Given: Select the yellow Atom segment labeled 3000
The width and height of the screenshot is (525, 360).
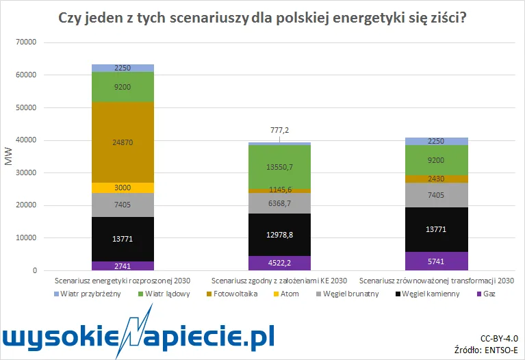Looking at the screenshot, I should pos(123,188).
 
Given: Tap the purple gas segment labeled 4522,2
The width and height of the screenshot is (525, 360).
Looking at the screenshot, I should pos(279,263).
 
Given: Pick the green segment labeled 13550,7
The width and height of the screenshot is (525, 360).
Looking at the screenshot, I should pos(279,166).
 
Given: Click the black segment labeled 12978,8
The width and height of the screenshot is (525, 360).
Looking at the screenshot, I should pos(279,235).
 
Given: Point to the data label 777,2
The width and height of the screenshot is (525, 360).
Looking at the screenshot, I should pos(279,130).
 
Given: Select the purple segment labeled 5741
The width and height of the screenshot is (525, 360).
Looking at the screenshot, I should pos(437,261).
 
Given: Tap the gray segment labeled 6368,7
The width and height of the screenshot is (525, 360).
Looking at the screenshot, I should pos(279,203).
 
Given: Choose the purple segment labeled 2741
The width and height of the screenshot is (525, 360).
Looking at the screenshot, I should pos(123,266).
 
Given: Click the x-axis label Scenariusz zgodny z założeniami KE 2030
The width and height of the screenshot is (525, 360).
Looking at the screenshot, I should pos(279,281).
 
